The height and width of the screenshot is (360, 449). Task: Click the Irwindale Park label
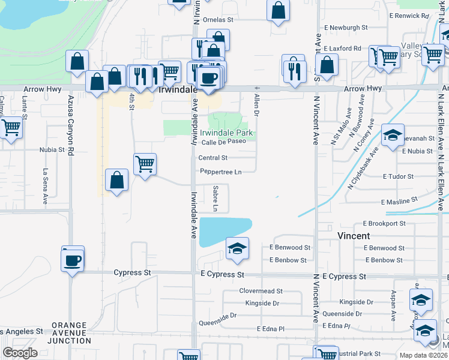pyautogui.click(x=226, y=133)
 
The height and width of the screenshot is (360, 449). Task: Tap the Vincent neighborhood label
pyautogui.click(x=354, y=236)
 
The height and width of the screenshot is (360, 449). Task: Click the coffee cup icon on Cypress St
pyautogui.click(x=73, y=260)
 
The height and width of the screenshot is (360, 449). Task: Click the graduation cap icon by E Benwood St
pyautogui.click(x=237, y=248)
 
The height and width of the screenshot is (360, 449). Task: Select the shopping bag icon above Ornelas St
pyautogui.click(x=278, y=10)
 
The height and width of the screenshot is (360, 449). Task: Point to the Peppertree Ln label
pyautogui.click(x=221, y=172)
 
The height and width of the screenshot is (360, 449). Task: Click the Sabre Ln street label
pyautogui.click(x=215, y=198)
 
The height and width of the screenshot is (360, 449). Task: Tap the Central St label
pyautogui.click(x=213, y=158)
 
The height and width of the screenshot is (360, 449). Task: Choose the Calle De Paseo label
pyautogui.click(x=223, y=142)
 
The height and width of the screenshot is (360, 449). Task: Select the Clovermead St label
pyautogui.click(x=261, y=291)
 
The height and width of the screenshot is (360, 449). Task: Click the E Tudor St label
pyautogui.click(x=399, y=177)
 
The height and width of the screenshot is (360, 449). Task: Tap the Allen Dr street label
pyautogui.click(x=256, y=104)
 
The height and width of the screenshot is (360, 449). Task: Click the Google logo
pyautogui.click(x=20, y=353)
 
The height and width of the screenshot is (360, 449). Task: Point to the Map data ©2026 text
pyautogui.click(x=423, y=355)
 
